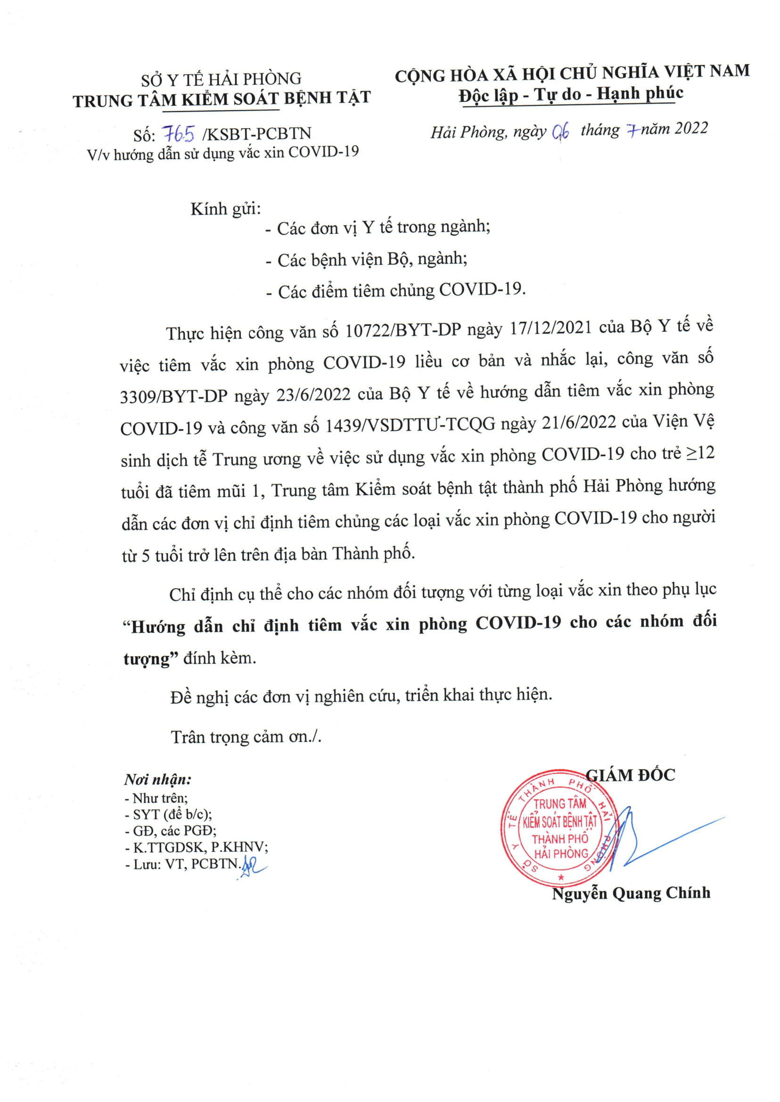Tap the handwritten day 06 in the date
coord(560,131)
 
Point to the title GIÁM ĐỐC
coord(631,775)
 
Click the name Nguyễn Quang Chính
coord(631,893)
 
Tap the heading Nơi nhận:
coord(157,779)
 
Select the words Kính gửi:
coord(225,209)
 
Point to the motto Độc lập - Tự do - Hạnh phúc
coord(571,94)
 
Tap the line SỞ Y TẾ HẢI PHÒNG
coord(221,80)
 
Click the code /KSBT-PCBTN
coord(257,133)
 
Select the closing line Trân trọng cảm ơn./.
coord(246,737)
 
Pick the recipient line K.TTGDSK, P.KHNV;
coord(197,847)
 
